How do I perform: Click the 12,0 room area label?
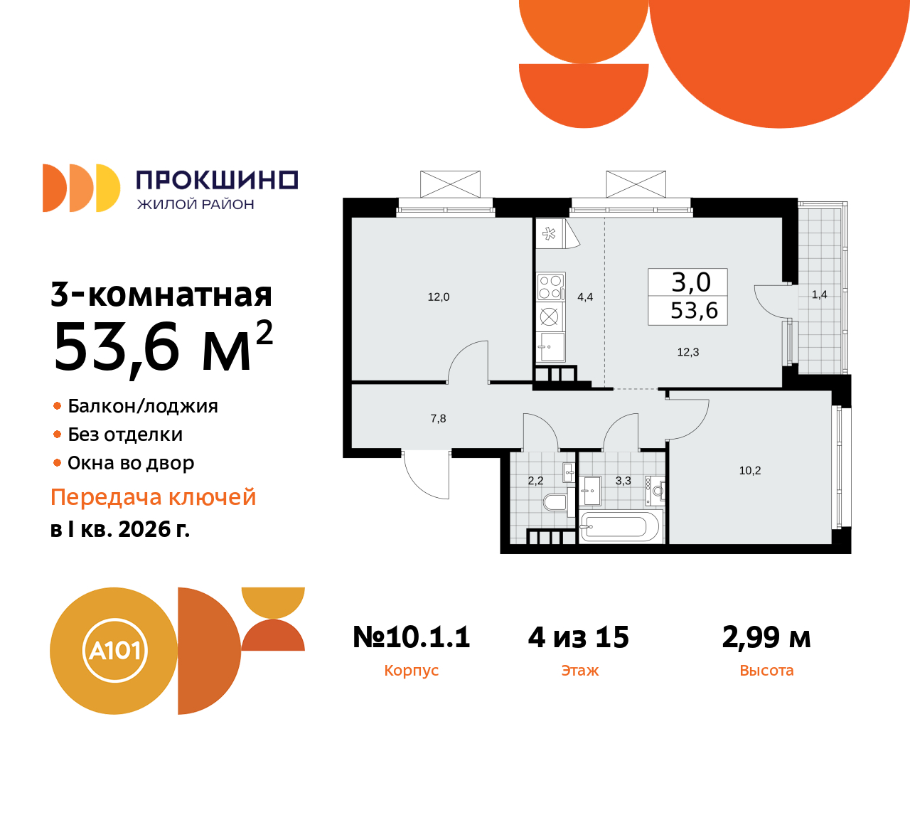click(x=438, y=297)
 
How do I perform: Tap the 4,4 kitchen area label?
click(x=585, y=297)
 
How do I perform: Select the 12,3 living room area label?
click(x=687, y=352)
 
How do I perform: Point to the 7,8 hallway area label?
click(x=438, y=419)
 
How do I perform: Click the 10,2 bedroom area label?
click(x=750, y=471)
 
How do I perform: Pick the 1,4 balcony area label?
click(x=819, y=294)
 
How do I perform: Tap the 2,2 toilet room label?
click(x=535, y=481)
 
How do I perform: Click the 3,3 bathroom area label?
click(x=623, y=481)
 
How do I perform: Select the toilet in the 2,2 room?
click(x=555, y=503)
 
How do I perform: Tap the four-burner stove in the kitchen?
click(x=550, y=287)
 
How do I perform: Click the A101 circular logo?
click(x=114, y=651)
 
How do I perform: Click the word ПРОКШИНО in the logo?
click(x=217, y=180)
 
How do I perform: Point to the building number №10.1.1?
click(x=412, y=637)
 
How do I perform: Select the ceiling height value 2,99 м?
click(x=766, y=637)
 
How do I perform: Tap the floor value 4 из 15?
click(x=579, y=637)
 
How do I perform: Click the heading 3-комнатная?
click(x=161, y=295)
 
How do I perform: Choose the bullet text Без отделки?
click(x=125, y=435)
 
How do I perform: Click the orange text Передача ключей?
click(x=153, y=497)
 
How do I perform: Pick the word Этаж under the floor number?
click(x=580, y=671)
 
